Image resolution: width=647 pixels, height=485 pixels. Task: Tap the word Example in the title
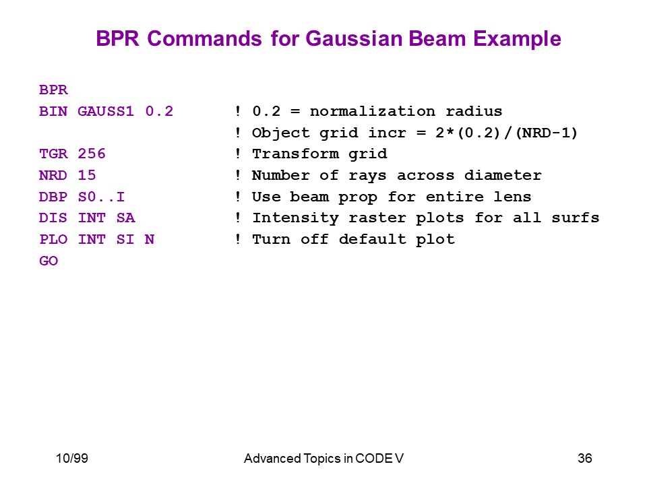[x=517, y=39]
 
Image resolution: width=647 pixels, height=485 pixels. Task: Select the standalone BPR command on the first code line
[x=53, y=90]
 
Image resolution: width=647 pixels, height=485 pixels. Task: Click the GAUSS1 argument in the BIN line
[x=106, y=111]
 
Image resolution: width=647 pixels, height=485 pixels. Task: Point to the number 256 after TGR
[x=92, y=154]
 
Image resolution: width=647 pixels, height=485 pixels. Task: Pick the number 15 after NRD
[x=87, y=175]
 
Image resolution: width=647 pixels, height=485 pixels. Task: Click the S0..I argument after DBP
[x=101, y=196]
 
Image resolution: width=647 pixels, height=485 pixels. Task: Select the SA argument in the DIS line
[x=126, y=218]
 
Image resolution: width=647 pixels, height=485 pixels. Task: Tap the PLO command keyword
[x=53, y=238]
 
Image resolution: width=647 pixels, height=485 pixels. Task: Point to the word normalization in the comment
[x=373, y=111]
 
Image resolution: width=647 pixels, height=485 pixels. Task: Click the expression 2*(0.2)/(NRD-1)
[x=506, y=133]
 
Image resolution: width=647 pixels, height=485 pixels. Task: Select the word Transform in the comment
[x=295, y=154]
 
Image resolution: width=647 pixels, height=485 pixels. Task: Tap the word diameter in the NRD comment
[x=503, y=175]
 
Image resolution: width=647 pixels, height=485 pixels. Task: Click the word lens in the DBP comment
[x=512, y=196]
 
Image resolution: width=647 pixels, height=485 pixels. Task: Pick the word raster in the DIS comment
[x=377, y=218]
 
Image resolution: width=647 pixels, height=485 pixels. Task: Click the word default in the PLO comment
[x=373, y=238]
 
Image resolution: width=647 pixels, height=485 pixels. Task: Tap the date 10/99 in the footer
[x=72, y=458]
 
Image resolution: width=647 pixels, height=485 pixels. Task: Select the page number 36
[x=585, y=458]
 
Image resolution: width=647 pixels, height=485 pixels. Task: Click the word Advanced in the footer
[x=272, y=458]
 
